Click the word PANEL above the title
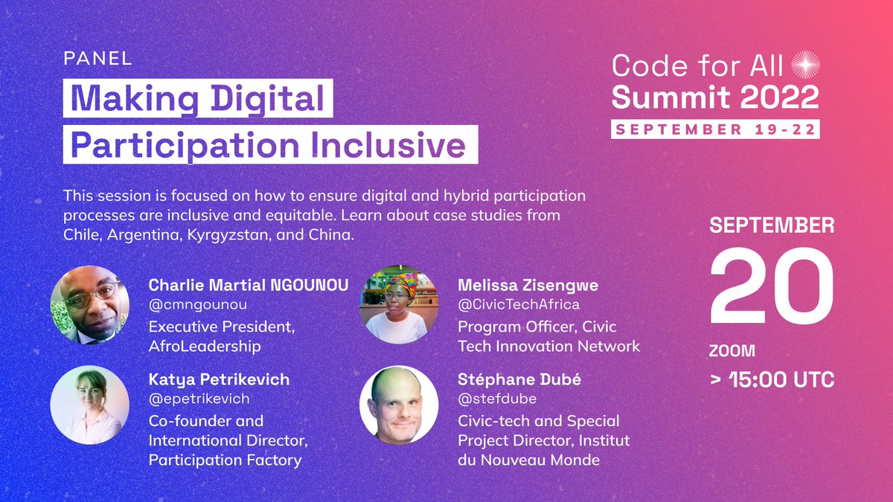click(x=97, y=59)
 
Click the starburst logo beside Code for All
click(x=804, y=66)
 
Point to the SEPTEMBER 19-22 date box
click(x=715, y=128)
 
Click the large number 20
click(x=771, y=286)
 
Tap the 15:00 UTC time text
click(x=779, y=379)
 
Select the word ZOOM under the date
click(x=732, y=350)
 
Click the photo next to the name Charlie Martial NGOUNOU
click(x=85, y=305)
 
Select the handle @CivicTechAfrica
click(x=519, y=304)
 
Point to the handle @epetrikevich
click(x=199, y=399)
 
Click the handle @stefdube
click(x=498, y=399)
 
